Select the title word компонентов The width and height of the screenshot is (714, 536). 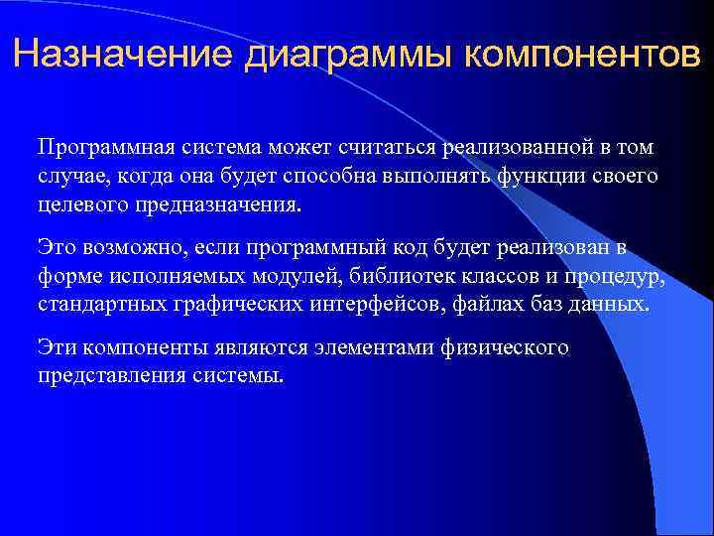coord(574,53)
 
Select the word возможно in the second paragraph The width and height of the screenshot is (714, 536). coord(120,247)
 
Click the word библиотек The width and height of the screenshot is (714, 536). coord(398,275)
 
